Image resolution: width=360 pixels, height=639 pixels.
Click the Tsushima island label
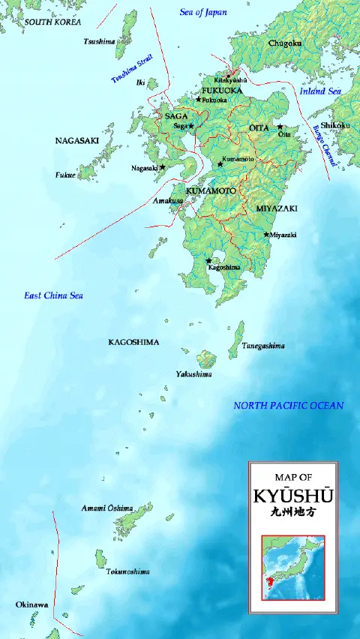click(99, 41)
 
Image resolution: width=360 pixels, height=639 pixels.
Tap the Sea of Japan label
click(203, 12)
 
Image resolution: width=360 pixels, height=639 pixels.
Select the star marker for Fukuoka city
click(199, 99)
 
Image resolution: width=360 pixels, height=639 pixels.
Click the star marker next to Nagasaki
click(162, 167)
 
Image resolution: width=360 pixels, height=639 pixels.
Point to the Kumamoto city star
click(220, 163)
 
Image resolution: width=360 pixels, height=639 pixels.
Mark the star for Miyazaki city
click(265, 235)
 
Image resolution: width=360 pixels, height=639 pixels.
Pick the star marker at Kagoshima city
click(208, 261)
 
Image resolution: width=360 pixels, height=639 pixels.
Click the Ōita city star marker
click(280, 127)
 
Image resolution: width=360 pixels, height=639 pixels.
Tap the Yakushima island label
click(193, 373)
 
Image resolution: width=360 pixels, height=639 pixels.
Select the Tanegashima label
click(262, 346)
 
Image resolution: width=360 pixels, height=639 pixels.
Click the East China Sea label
click(53, 295)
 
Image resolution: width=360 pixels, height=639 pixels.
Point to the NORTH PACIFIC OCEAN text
click(288, 406)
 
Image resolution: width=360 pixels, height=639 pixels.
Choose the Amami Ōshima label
click(106, 508)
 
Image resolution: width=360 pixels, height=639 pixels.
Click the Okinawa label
click(32, 604)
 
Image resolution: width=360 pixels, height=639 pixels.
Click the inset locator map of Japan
click(292, 566)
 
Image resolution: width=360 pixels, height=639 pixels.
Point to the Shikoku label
click(335, 125)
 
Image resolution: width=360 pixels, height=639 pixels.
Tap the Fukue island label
click(65, 175)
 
